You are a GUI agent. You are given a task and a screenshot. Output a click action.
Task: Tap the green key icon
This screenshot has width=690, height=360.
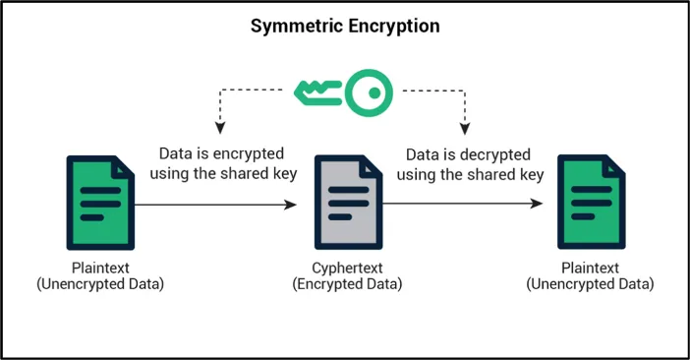coord(344,92)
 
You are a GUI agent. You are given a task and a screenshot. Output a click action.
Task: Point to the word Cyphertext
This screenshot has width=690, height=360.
coord(345,268)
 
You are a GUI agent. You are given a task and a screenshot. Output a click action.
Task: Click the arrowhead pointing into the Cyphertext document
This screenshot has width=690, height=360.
coord(292,205)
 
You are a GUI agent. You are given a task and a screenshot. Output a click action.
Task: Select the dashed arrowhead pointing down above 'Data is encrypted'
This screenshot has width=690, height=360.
coord(219,127)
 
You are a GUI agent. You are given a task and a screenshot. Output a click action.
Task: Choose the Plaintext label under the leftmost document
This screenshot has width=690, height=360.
coord(98,268)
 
